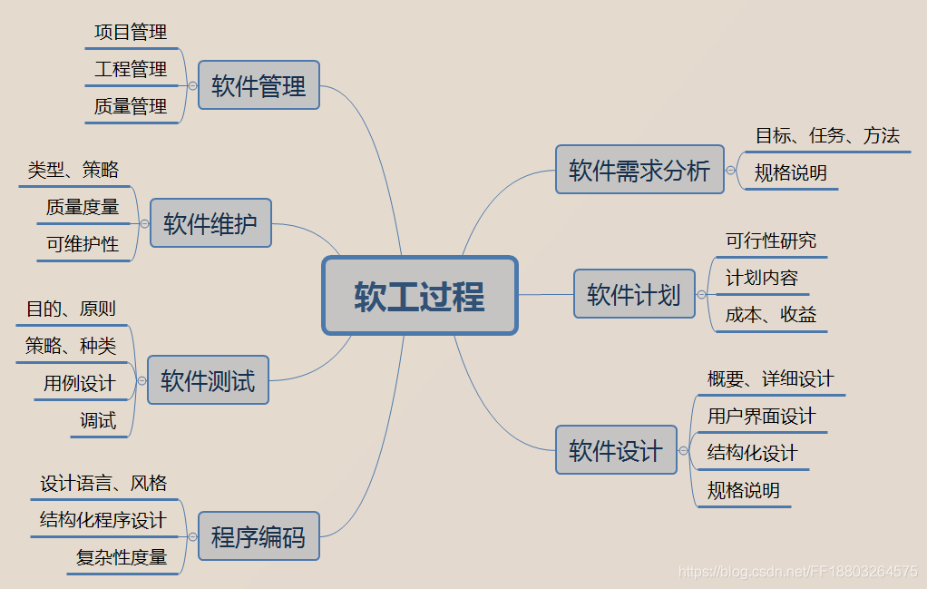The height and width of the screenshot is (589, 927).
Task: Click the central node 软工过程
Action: [x=420, y=296]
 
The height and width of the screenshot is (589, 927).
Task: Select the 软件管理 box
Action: [x=259, y=85]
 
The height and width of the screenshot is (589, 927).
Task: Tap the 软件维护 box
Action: [x=210, y=223]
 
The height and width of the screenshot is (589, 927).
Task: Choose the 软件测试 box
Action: [x=208, y=380]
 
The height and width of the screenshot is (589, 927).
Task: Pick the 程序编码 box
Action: [x=259, y=537]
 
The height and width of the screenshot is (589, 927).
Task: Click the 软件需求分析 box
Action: [x=639, y=170]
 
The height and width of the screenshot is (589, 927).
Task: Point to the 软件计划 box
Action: [x=634, y=294]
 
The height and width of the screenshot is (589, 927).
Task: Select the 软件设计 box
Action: [x=616, y=450]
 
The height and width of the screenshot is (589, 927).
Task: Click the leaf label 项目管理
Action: [x=131, y=33]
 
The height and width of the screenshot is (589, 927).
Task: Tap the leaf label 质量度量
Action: [x=83, y=207]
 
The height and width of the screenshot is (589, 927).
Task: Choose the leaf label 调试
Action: [x=98, y=420]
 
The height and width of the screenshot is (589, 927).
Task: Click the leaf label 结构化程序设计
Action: [x=103, y=520]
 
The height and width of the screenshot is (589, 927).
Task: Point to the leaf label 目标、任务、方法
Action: [x=827, y=136]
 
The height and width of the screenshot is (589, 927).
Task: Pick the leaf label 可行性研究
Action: [x=771, y=241]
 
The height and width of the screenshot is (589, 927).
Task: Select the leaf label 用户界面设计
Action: [x=761, y=417]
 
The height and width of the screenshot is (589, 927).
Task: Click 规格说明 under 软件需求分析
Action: [x=791, y=173]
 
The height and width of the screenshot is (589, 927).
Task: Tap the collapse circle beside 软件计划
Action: [x=701, y=294]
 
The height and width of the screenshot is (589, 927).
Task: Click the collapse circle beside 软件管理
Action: [x=192, y=85]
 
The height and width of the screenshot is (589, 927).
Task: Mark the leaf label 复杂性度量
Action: [x=122, y=557]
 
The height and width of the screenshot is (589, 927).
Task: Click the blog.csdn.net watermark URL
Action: [x=798, y=572]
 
